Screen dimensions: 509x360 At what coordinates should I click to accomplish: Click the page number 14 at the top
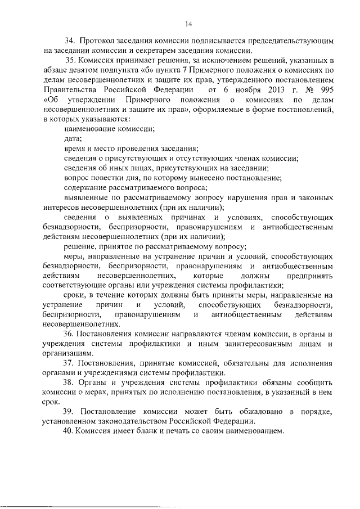(188, 23)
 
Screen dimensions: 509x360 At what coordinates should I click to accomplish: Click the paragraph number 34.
(70, 41)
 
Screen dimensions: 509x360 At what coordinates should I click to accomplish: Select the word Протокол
(98, 41)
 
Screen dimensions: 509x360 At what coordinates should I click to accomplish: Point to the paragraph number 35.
(70, 60)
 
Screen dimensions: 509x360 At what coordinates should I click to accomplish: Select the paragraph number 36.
(70, 334)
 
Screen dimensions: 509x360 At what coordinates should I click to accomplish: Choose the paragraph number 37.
(70, 363)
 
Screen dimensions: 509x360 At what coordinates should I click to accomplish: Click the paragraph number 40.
(70, 431)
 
